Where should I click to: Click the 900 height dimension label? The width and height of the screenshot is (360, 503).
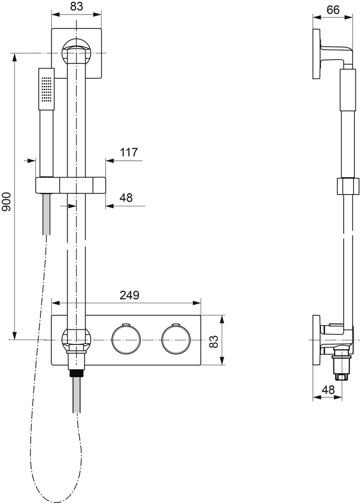tap(7, 202)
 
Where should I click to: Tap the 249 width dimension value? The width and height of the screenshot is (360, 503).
tap(129, 295)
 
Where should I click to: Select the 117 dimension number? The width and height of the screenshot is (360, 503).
tap(129, 152)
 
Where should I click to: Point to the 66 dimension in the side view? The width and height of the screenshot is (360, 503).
tap(333, 10)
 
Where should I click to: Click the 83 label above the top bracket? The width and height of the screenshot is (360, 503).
tap(77, 6)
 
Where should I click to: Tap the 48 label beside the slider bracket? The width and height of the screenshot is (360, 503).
tap(126, 197)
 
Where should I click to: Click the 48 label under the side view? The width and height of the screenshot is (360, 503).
tap(327, 390)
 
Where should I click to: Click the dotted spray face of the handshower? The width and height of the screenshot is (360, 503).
tap(47, 88)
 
